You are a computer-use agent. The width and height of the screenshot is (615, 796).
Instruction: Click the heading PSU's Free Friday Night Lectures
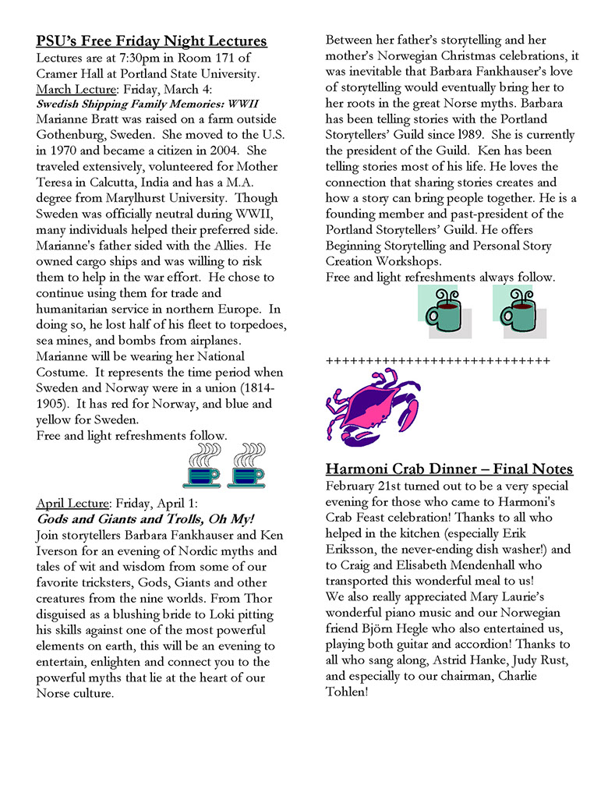[151, 41]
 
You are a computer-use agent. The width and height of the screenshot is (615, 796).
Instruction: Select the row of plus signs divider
[437, 361]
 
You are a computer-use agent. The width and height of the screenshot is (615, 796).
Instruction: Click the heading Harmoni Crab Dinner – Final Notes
[449, 469]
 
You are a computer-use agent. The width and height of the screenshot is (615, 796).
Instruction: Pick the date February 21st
[362, 485]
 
